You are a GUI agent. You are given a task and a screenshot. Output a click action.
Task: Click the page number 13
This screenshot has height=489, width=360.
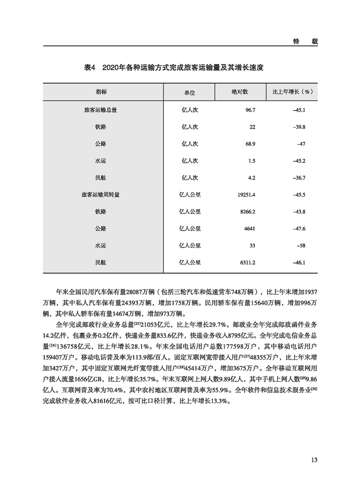(314, 459)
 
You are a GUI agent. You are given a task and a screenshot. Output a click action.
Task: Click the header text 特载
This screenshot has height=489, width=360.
(305, 41)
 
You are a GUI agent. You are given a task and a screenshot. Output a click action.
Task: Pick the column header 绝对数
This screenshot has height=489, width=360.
(239, 92)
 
